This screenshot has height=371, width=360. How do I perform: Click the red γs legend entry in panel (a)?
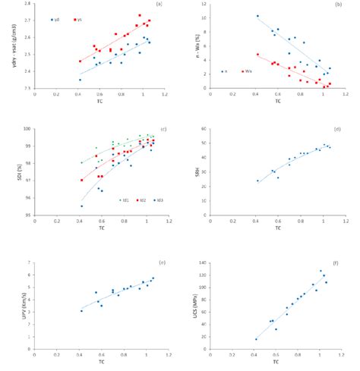pos(78,20)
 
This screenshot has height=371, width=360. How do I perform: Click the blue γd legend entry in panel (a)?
pos(55,20)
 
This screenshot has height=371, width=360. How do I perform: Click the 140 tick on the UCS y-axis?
pos(205,263)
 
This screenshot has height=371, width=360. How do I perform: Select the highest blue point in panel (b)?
pos(257,16)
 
